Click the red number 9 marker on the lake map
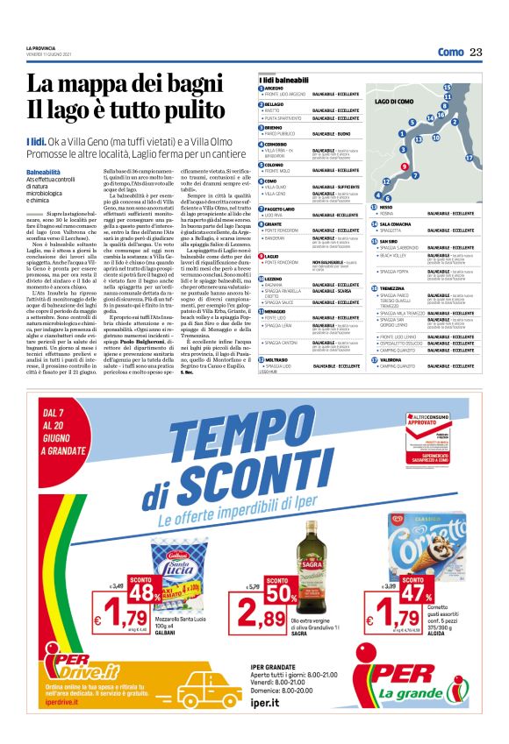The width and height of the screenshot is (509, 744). click(404, 166)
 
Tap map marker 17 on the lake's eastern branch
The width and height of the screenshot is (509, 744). click(470, 158)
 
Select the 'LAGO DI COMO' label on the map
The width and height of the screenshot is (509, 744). click(393, 103)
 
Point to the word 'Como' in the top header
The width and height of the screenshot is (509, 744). click(450, 53)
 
